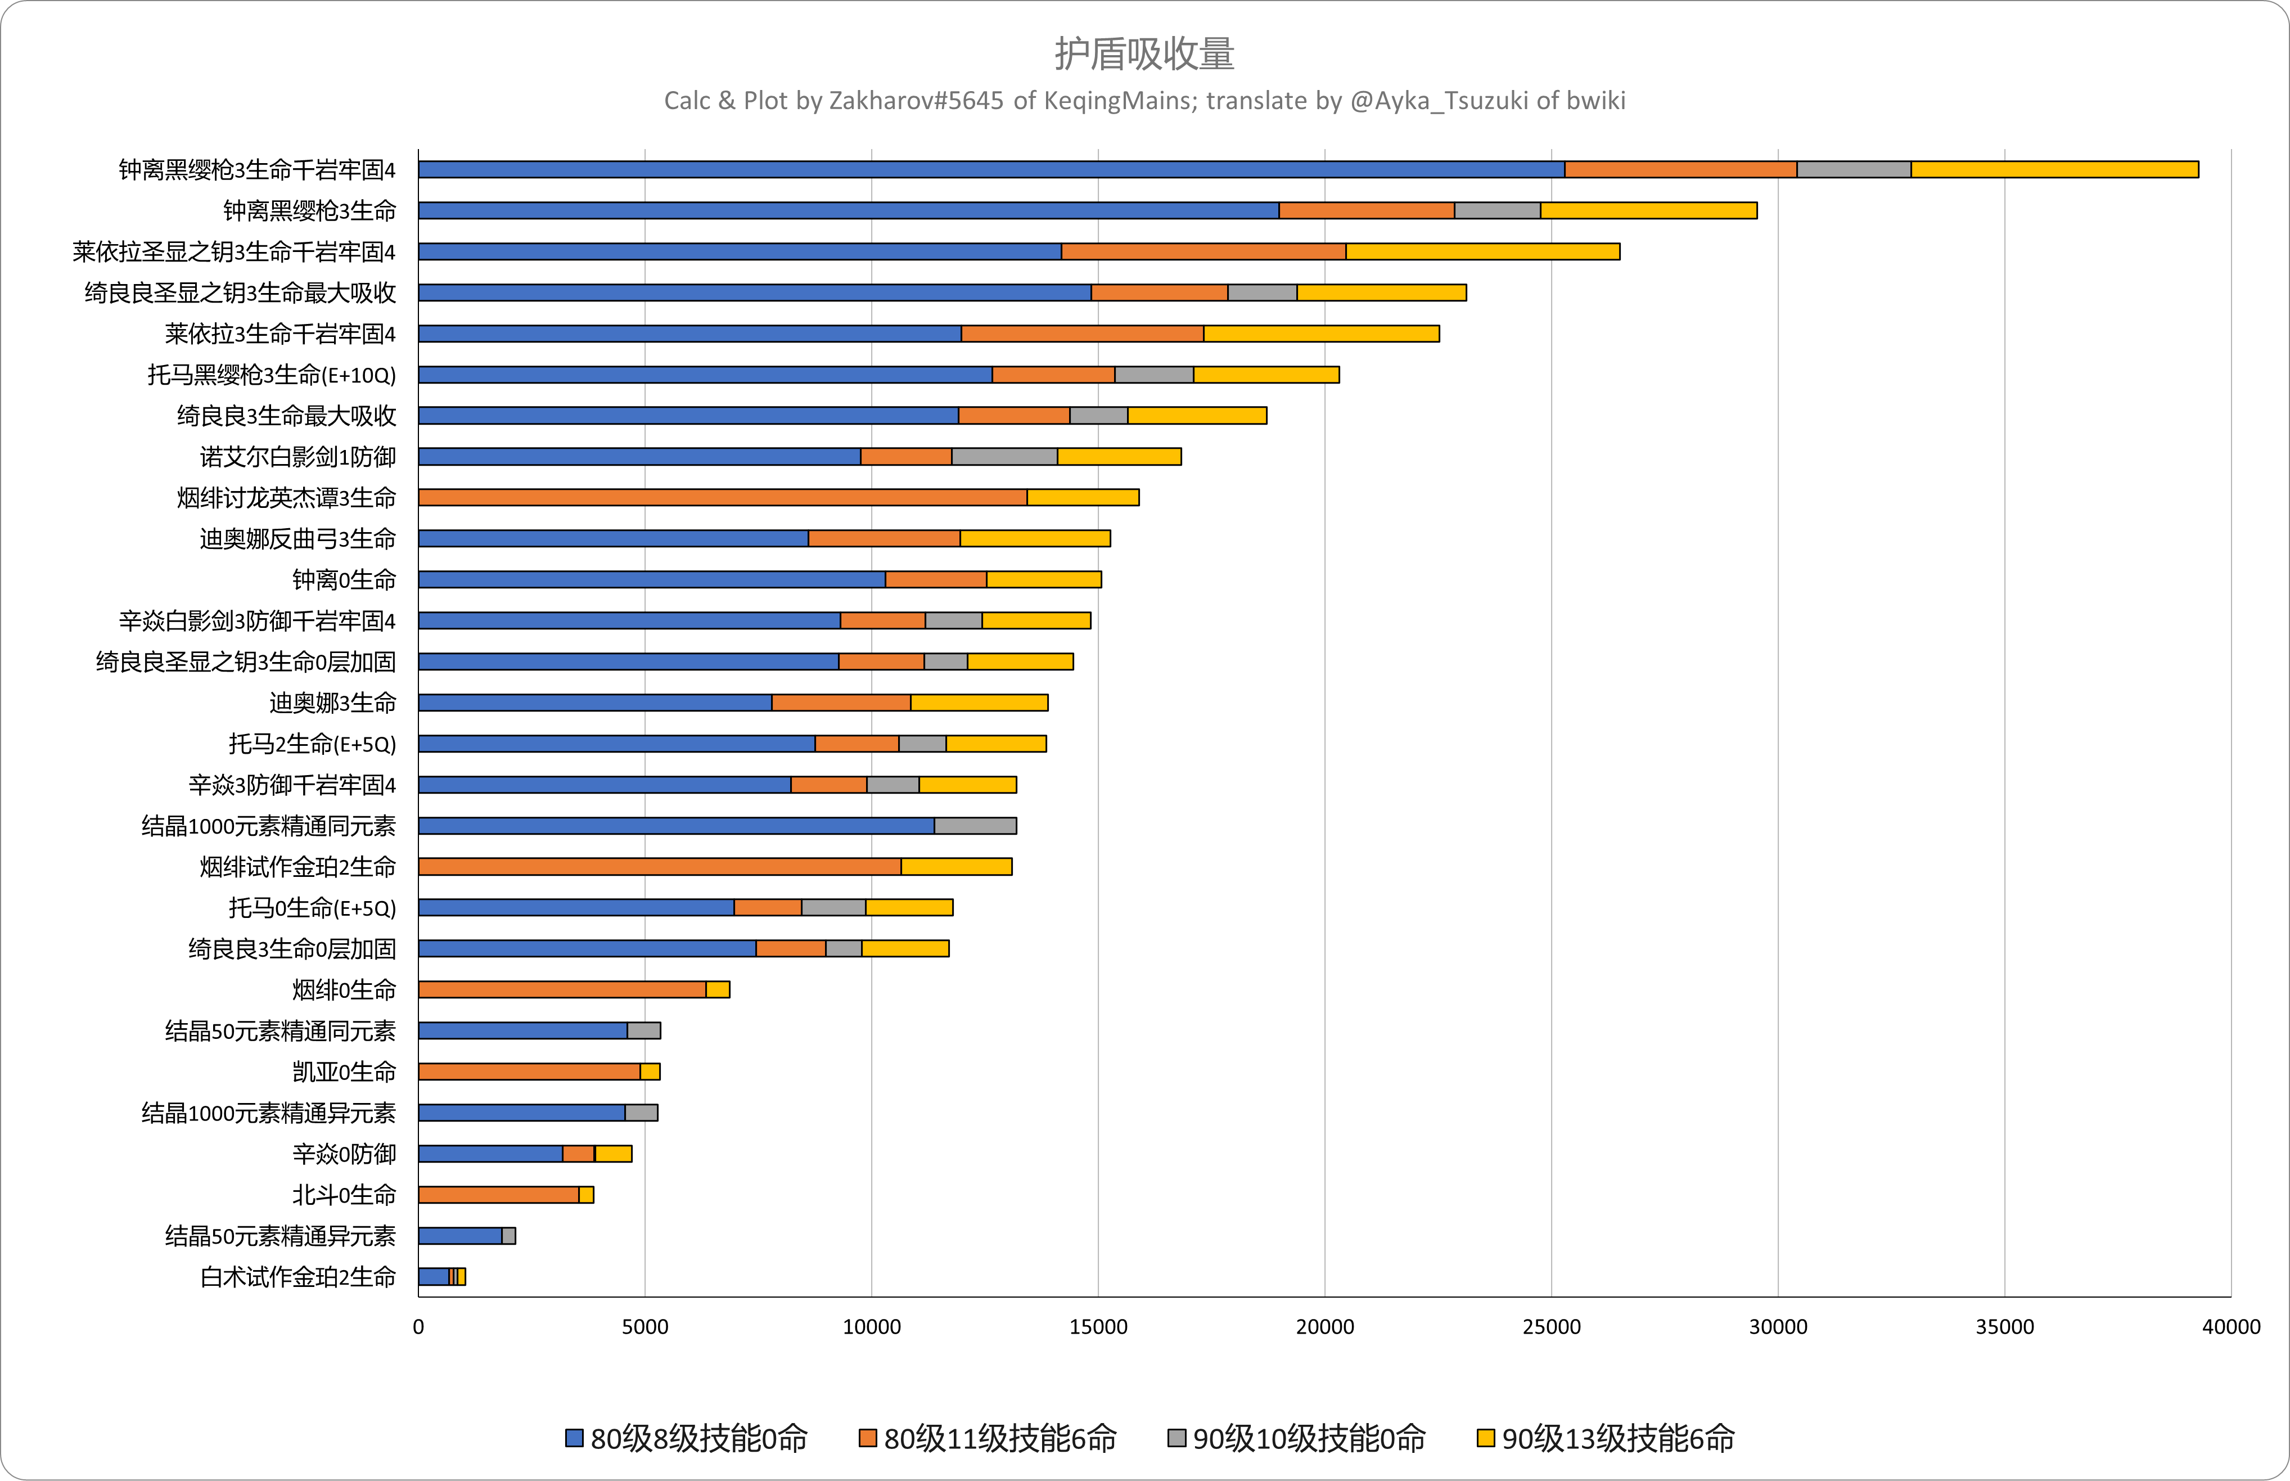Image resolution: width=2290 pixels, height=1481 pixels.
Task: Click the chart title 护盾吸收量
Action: click(x=1144, y=54)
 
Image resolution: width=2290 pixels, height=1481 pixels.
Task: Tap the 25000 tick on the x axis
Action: click(x=1550, y=1327)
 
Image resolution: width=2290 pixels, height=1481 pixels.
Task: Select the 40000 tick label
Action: click(x=2230, y=1327)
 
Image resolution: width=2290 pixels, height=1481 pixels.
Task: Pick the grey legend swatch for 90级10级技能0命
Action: click(x=1176, y=1439)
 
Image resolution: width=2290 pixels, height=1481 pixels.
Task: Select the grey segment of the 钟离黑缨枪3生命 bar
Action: click(x=1497, y=210)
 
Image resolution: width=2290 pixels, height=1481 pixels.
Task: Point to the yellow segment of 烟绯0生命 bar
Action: click(x=718, y=989)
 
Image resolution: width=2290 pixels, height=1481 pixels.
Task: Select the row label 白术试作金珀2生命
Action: click(x=298, y=1277)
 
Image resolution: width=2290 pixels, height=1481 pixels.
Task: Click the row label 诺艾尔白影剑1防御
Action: click(x=298, y=457)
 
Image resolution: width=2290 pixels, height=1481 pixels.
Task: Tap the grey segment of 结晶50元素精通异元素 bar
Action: click(x=508, y=1236)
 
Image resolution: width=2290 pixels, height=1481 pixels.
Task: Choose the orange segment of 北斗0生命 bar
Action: click(x=498, y=1194)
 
